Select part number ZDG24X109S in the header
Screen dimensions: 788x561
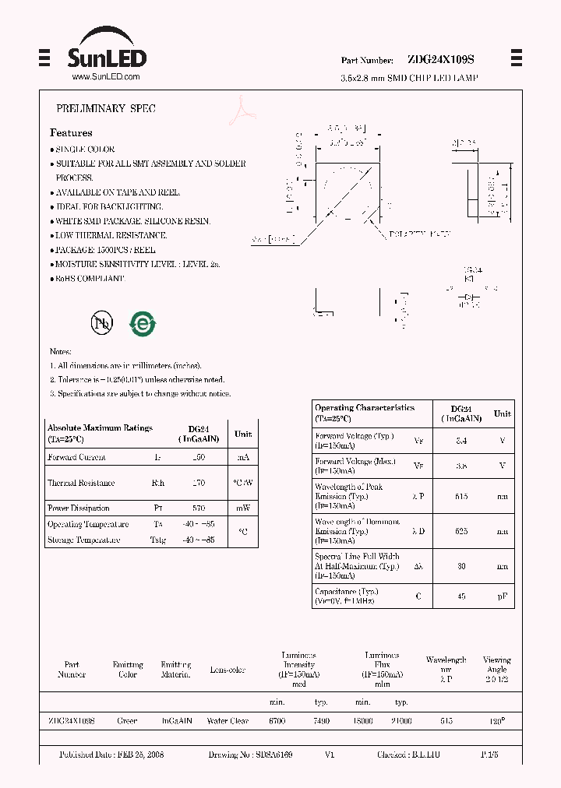tap(441, 60)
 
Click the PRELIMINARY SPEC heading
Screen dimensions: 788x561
tap(105, 109)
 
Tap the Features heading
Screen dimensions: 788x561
tap(71, 133)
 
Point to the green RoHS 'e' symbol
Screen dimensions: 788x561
tap(143, 323)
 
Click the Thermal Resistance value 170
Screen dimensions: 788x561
tap(199, 483)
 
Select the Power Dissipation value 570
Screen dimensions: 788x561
tap(199, 508)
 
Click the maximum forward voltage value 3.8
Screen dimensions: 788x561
tap(461, 466)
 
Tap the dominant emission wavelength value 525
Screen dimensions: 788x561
tap(461, 530)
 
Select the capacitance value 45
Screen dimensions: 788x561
tap(461, 596)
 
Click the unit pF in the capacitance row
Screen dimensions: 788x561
tap(503, 596)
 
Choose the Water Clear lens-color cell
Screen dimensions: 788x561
tap(228, 721)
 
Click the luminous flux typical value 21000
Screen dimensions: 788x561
tap(402, 721)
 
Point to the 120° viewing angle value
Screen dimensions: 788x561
tap(496, 721)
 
